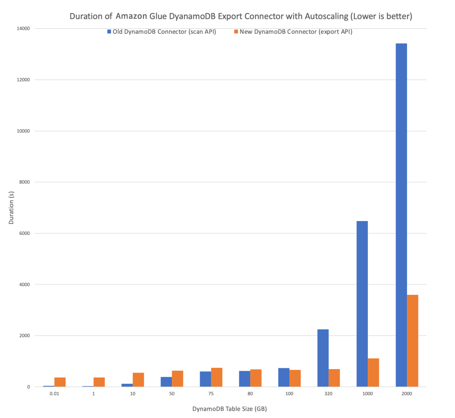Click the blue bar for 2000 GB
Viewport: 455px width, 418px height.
pyautogui.click(x=401, y=215)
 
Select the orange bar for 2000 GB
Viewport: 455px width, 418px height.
pyautogui.click(x=412, y=340)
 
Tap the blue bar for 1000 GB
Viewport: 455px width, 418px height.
pyautogui.click(x=362, y=304)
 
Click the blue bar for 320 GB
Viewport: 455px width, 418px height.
pyautogui.click(x=323, y=358)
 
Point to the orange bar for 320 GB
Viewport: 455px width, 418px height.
pyautogui.click(x=334, y=378)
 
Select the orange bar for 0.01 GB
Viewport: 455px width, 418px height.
pyautogui.click(x=60, y=382)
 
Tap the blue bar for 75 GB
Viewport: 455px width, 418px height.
pyautogui.click(x=205, y=379)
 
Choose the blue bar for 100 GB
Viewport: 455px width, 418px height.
pyautogui.click(x=284, y=377)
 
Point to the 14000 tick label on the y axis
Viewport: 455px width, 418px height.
pyautogui.click(x=23, y=29)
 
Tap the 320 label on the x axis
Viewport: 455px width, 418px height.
pyautogui.click(x=329, y=394)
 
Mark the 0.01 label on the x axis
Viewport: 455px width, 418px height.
pyautogui.click(x=54, y=394)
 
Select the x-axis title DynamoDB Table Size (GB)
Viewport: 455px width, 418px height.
pyautogui.click(x=230, y=409)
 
